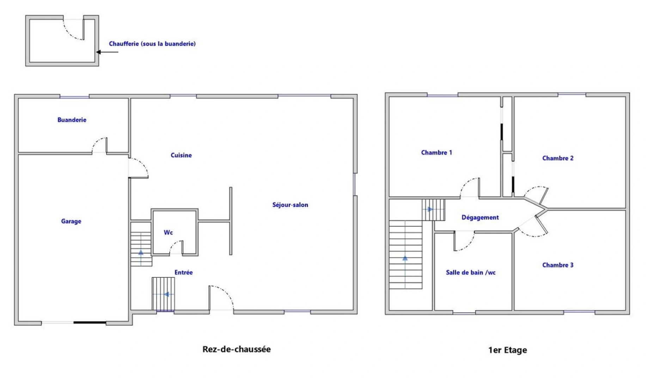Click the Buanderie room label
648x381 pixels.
point(72,120)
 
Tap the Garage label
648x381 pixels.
point(71,221)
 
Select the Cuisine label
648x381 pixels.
point(181,155)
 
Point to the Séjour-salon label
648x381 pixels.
point(290,205)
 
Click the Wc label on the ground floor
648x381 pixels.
point(168,232)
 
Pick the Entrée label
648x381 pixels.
point(184,272)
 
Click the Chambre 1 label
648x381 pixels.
point(436,153)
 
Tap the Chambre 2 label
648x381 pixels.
point(558,158)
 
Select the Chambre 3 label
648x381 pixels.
point(558,265)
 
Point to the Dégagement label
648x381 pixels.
point(480,218)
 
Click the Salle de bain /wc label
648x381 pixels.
point(471,272)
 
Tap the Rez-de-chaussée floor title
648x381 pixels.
point(237,349)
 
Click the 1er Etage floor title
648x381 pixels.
point(507,350)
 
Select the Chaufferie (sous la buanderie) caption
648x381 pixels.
point(152,44)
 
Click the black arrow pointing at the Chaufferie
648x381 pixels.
point(107,52)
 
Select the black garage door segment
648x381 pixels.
point(90,322)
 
